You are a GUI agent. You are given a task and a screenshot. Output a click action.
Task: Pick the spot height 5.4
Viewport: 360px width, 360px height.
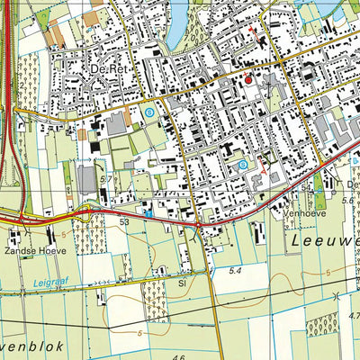coord(237,271)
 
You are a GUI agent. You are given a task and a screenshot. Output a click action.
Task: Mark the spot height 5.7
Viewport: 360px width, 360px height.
coord(106,180)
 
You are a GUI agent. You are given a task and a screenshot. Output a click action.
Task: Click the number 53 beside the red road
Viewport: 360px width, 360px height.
coord(124,220)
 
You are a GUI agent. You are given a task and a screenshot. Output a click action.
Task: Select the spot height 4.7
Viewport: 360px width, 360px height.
coord(354,316)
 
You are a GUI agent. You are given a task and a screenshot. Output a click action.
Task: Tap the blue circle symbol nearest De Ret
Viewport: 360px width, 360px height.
coord(148,112)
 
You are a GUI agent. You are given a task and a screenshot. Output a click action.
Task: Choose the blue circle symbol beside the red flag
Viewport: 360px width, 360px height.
coord(242,165)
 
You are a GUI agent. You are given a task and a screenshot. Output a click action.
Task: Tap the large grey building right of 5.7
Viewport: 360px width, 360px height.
coord(86,179)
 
